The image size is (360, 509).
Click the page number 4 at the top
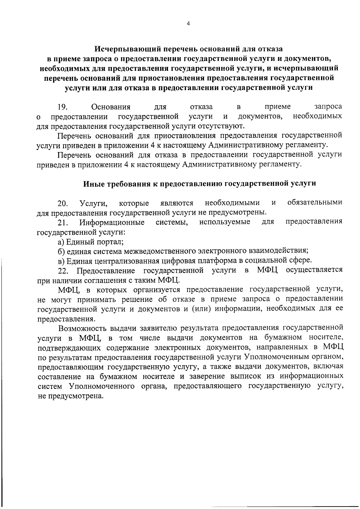tap(188, 25)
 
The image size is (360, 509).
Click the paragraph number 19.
tap(63, 107)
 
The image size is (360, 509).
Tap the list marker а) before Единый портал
tap(61, 242)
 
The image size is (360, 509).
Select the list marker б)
tap(61, 251)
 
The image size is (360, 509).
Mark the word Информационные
tap(112, 223)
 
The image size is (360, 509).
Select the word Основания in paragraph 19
tap(111, 107)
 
